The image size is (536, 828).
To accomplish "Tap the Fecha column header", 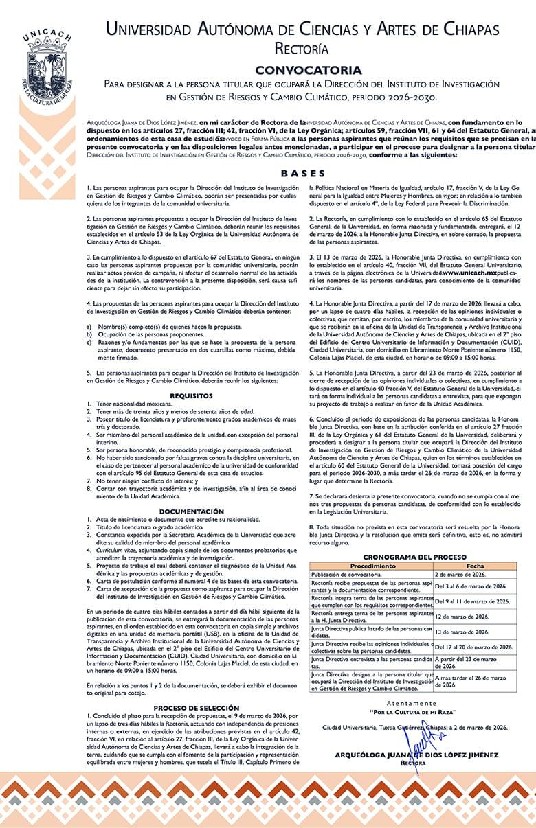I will click(475, 566).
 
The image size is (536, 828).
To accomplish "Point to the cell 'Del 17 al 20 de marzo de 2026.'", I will click(474, 647).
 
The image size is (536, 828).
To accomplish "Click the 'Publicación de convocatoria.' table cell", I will click(346, 574).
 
